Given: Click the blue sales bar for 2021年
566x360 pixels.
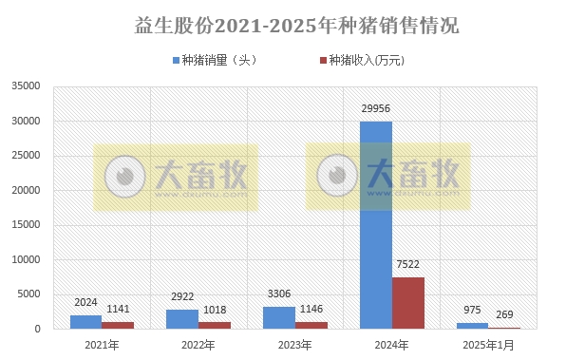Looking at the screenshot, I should click(x=85, y=322).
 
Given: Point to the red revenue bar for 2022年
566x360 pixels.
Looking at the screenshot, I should click(x=215, y=325).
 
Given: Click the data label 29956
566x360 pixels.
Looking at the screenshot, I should click(x=376, y=109).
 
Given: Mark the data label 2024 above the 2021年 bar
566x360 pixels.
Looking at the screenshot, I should click(x=86, y=303).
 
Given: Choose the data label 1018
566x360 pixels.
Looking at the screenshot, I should click(x=215, y=310).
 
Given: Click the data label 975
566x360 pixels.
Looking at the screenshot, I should click(x=472, y=311).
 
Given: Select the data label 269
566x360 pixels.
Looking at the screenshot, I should click(x=505, y=314).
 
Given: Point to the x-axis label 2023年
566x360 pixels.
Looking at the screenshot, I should click(x=294, y=344).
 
